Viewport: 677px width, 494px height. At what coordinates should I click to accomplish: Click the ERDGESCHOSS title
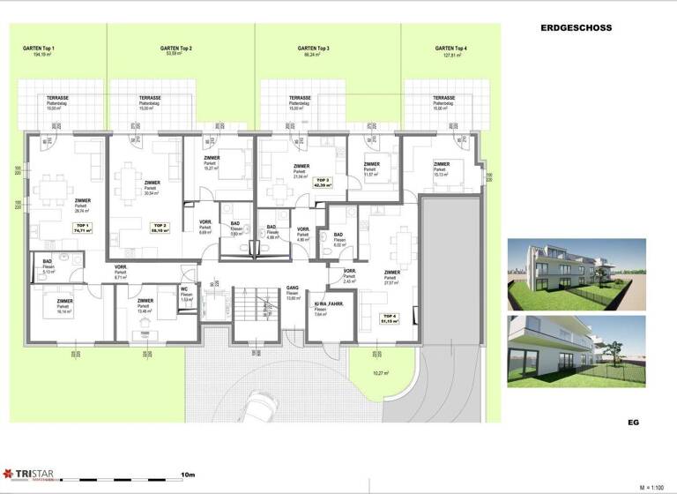(576, 28)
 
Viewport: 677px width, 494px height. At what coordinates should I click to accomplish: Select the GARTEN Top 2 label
(176, 49)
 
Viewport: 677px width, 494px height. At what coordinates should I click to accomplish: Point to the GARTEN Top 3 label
(314, 49)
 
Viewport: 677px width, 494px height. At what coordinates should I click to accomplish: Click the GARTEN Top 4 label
(450, 49)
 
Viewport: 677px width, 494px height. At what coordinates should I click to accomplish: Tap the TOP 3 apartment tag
(323, 183)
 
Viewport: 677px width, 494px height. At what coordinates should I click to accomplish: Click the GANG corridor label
(294, 288)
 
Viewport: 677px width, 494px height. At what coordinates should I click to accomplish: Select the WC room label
(186, 289)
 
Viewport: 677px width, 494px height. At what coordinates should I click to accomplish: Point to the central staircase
(255, 314)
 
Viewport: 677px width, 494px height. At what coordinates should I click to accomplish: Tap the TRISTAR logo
(28, 475)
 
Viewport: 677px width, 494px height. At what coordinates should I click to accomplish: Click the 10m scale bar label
(186, 475)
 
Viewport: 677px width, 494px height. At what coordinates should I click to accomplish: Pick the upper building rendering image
(577, 273)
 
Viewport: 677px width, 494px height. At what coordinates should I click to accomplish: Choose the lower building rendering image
(577, 351)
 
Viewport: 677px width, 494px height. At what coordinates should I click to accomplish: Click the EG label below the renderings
(632, 423)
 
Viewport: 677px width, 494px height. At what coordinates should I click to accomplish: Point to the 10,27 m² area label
(381, 373)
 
